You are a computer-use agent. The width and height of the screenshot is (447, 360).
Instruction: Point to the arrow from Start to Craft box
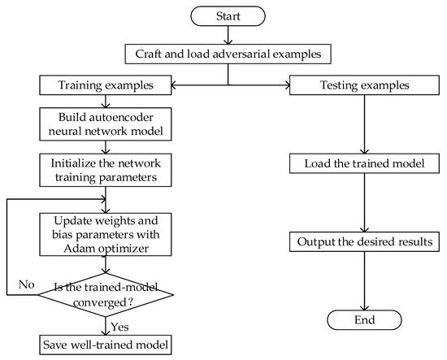point(229,36)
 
